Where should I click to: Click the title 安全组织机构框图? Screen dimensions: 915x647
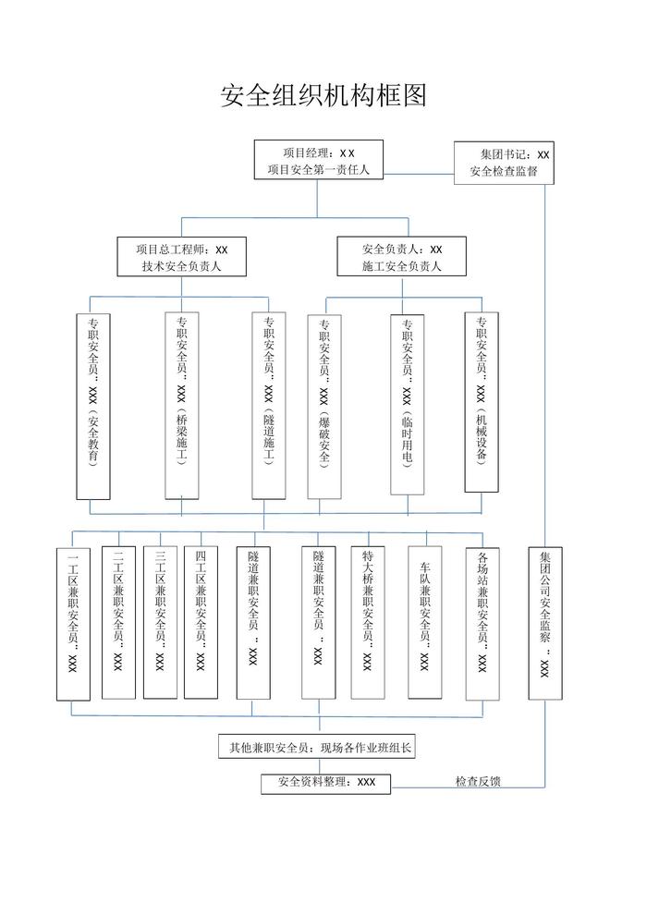pyautogui.click(x=323, y=95)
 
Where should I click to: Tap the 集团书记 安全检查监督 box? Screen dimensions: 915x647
pyautogui.click(x=504, y=163)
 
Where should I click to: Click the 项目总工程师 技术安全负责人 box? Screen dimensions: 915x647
pyautogui.click(x=181, y=258)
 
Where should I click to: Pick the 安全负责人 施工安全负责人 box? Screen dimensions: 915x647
pyautogui.click(x=402, y=258)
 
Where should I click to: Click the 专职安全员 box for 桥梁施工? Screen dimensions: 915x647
pyautogui.click(x=181, y=406)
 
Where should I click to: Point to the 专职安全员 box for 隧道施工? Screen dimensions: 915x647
pyautogui.click(x=268, y=406)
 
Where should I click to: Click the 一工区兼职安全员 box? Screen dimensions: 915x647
pyautogui.click(x=74, y=625)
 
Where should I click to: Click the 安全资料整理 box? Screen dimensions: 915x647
pyautogui.click(x=326, y=782)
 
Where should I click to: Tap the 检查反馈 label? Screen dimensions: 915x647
pyautogui.click(x=478, y=782)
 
